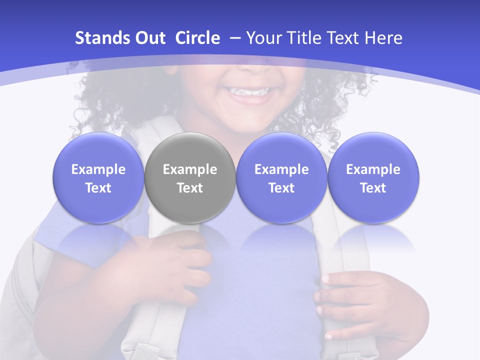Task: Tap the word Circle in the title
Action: [x=197, y=38]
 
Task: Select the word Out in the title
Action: [x=149, y=38]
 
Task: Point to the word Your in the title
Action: [x=263, y=38]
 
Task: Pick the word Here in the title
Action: [x=384, y=38]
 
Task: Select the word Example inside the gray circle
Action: [x=190, y=169]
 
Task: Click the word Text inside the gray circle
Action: [x=190, y=188]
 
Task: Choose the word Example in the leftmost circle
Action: [x=98, y=169]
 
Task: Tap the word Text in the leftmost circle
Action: [x=98, y=188]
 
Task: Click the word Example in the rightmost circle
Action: [x=373, y=169]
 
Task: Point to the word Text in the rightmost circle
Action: [x=373, y=188]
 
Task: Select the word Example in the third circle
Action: [x=281, y=169]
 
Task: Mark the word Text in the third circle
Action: [x=281, y=188]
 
